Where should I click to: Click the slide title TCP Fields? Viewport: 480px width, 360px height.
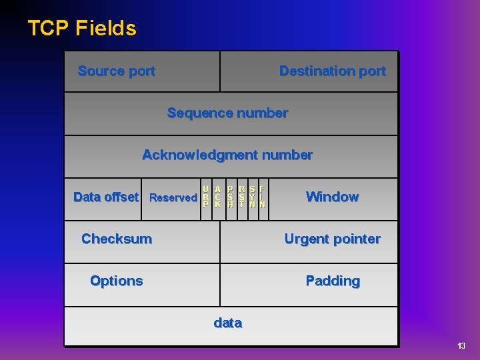tap(82, 29)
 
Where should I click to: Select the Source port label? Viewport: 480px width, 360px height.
tap(117, 71)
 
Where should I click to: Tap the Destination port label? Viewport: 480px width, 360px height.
tap(332, 71)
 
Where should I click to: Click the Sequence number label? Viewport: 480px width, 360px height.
tap(227, 113)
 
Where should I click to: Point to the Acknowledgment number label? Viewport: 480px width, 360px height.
tap(227, 155)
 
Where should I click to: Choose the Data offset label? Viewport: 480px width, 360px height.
tap(106, 197)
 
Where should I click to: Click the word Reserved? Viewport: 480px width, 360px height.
tap(173, 197)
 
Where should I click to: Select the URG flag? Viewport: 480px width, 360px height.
tap(206, 197)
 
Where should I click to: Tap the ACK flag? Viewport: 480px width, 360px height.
tap(218, 197)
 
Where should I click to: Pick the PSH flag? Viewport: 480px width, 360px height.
tap(230, 197)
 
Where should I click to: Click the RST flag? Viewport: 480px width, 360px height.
tap(241, 197)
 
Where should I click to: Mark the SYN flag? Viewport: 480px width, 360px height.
tap(253, 197)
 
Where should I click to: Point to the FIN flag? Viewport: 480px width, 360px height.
tap(263, 197)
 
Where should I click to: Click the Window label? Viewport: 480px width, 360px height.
tap(332, 197)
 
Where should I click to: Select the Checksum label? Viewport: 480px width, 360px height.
tap(117, 239)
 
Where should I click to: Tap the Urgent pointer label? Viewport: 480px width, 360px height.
tap(332, 239)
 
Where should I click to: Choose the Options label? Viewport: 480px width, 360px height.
tap(117, 281)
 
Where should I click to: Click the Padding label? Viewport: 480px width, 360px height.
tap(332, 281)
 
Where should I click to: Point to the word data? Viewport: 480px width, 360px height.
tap(227, 323)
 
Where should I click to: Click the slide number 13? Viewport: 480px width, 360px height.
tap(461, 346)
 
